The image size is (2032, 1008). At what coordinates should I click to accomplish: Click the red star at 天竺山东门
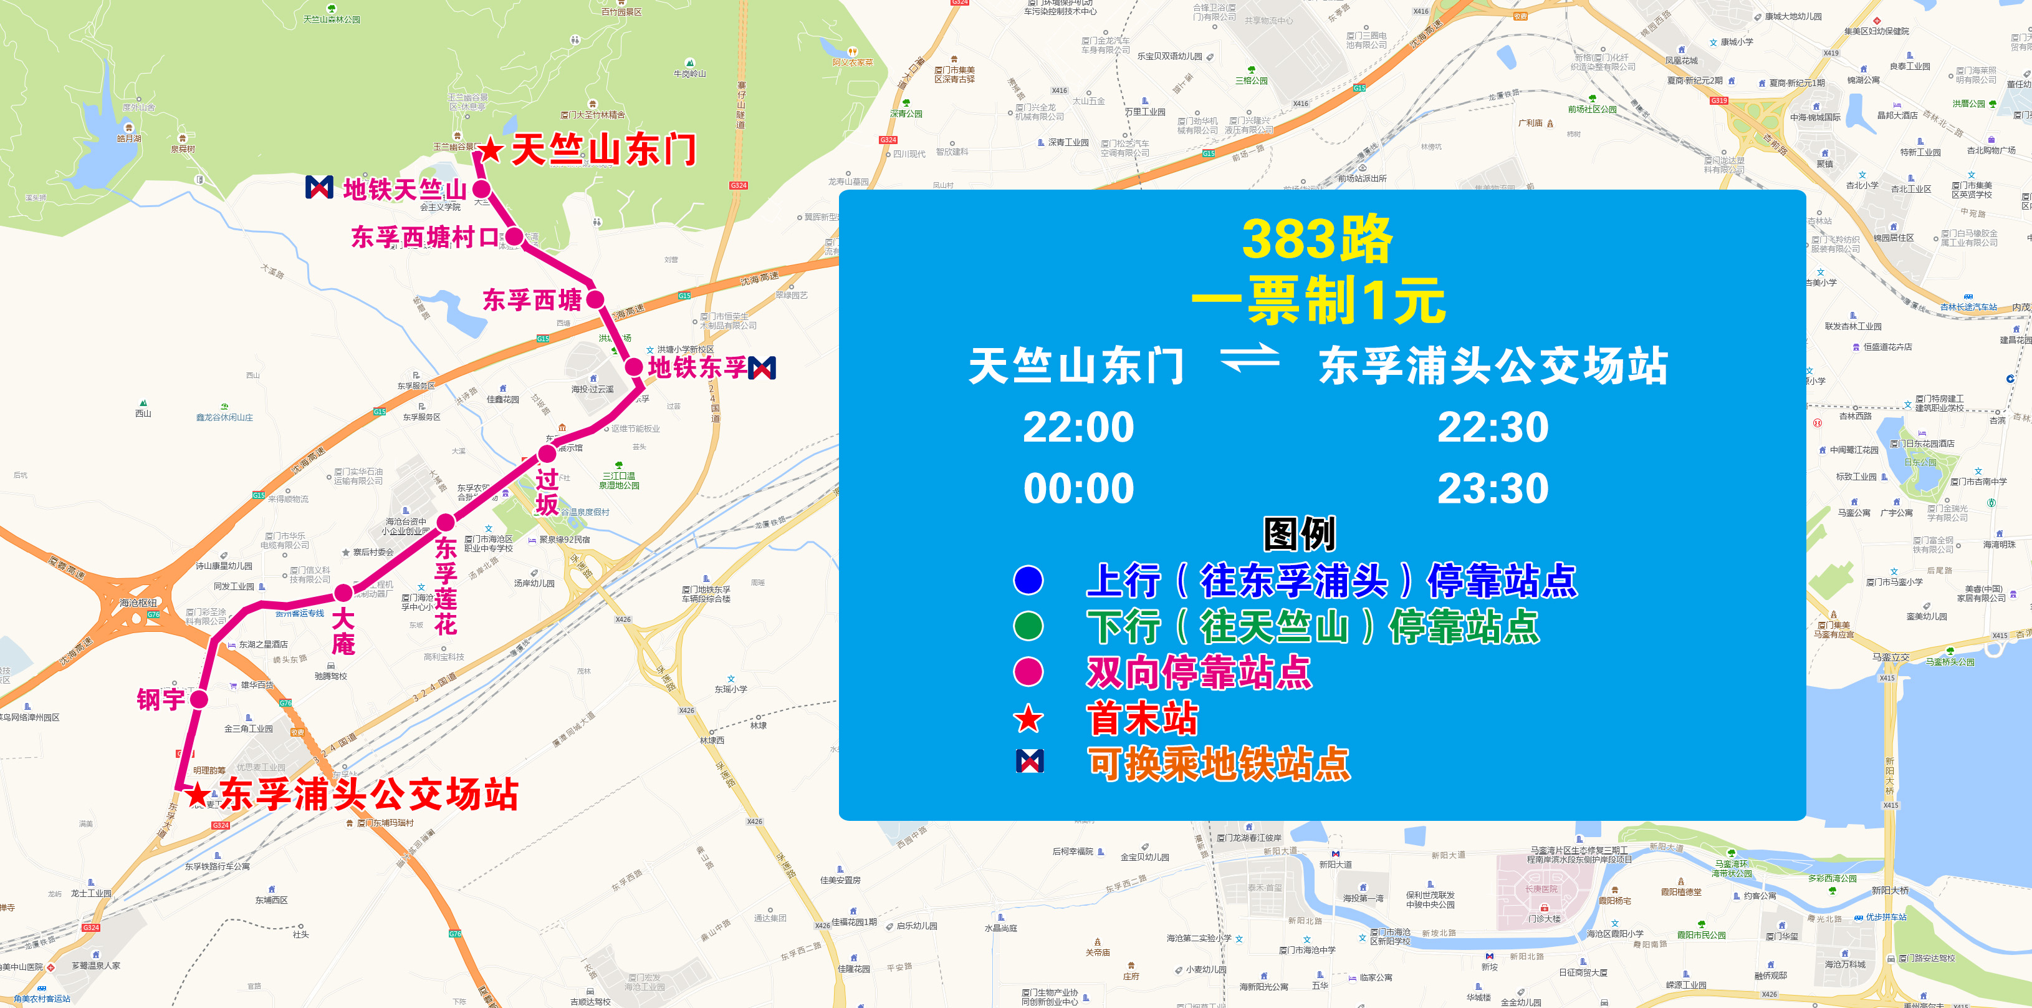pyautogui.click(x=490, y=149)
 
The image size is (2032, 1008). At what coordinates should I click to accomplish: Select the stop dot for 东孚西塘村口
pyautogui.click(x=514, y=236)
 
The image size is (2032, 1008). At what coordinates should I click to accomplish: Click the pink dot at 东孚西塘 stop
pyautogui.click(x=595, y=299)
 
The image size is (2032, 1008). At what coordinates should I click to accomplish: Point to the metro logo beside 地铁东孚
pyautogui.click(x=762, y=368)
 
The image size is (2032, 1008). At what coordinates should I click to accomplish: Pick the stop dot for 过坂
pyautogui.click(x=547, y=454)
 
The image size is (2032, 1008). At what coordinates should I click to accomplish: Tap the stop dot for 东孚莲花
pyautogui.click(x=446, y=521)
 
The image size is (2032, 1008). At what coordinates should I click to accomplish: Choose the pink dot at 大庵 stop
pyautogui.click(x=343, y=593)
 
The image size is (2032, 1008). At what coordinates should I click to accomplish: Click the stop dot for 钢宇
pyautogui.click(x=199, y=699)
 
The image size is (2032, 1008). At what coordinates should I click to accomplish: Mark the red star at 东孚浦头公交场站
pyautogui.click(x=197, y=795)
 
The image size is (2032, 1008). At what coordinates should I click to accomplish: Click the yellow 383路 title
pyautogui.click(x=1317, y=239)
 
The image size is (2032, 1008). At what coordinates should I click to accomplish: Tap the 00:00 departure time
pyautogui.click(x=1078, y=488)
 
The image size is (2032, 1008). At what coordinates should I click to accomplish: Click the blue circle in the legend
pyautogui.click(x=1028, y=580)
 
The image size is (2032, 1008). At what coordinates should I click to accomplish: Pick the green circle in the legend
pyautogui.click(x=1028, y=626)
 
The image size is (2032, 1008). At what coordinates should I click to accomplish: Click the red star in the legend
pyautogui.click(x=1028, y=719)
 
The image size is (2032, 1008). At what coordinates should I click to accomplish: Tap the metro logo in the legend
pyautogui.click(x=1030, y=761)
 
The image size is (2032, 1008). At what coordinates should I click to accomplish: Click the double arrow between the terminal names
pyautogui.click(x=1250, y=359)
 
